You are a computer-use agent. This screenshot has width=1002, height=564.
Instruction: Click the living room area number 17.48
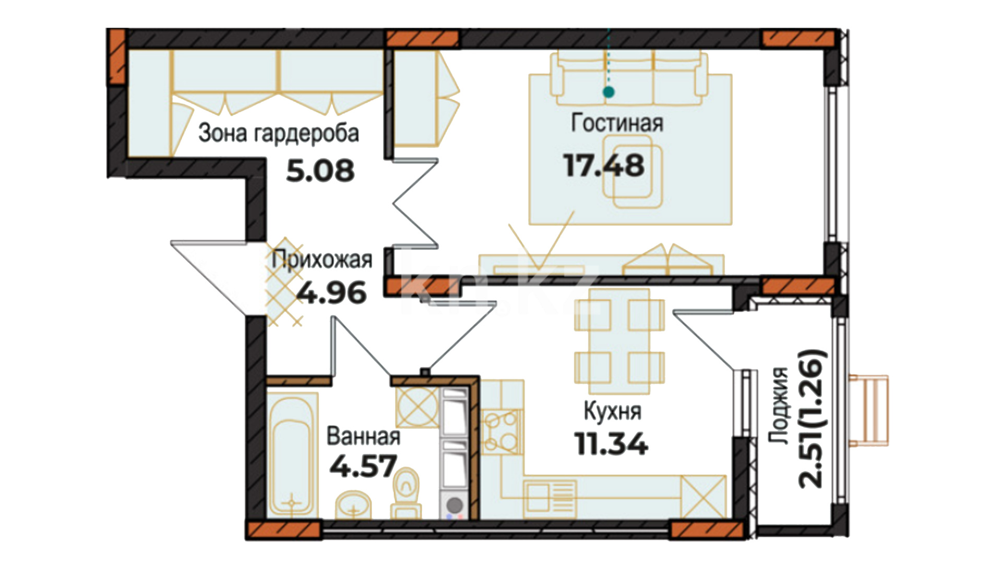point(604,166)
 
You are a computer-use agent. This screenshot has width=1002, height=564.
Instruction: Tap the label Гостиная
point(617,123)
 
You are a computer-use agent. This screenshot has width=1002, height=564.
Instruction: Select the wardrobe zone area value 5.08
point(320,171)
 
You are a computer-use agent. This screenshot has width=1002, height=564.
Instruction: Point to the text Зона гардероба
point(279,133)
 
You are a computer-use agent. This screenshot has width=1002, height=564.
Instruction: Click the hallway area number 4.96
point(332,293)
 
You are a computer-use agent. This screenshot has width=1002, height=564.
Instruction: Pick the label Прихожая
point(322,260)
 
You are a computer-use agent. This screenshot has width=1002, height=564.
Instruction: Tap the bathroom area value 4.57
point(363,466)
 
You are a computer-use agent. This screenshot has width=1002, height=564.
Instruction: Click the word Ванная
point(363,436)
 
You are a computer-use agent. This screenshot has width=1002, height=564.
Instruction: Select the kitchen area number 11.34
point(611,444)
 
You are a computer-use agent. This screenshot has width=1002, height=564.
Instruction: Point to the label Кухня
point(612,412)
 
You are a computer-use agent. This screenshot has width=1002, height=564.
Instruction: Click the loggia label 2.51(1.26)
point(813,418)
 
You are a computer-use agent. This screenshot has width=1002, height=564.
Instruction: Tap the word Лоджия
point(779,405)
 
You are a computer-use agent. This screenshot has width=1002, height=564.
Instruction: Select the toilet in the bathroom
point(406,494)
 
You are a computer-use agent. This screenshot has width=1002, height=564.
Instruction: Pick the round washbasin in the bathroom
point(353,505)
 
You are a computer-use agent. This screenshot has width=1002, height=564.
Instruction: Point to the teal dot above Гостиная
point(609,92)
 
